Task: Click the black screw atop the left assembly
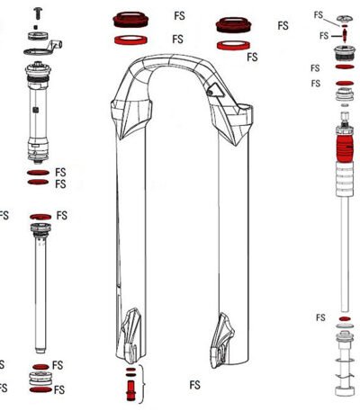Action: tap(38, 13)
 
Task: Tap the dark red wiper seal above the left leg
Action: tap(130, 20)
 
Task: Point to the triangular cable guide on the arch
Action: tap(215, 90)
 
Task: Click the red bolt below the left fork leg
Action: tap(130, 390)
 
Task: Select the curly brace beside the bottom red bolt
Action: tap(143, 384)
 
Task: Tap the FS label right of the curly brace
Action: tap(194, 385)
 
